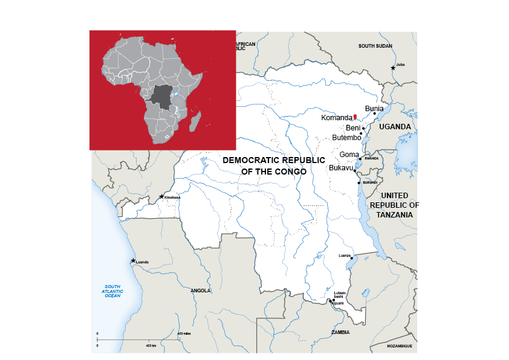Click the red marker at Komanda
355,116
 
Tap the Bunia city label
374,108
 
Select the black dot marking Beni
363,128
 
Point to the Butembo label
346,138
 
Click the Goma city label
349,155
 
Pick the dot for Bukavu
354,171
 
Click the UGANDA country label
395,127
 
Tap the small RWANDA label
371,158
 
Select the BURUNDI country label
370,182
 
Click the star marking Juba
393,68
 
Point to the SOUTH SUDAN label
375,46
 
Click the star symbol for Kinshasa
161,196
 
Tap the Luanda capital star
133,261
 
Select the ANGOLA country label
201,291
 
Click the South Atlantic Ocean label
112,291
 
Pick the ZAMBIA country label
340,332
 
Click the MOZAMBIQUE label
400,346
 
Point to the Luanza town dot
351,258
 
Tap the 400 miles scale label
184,333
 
